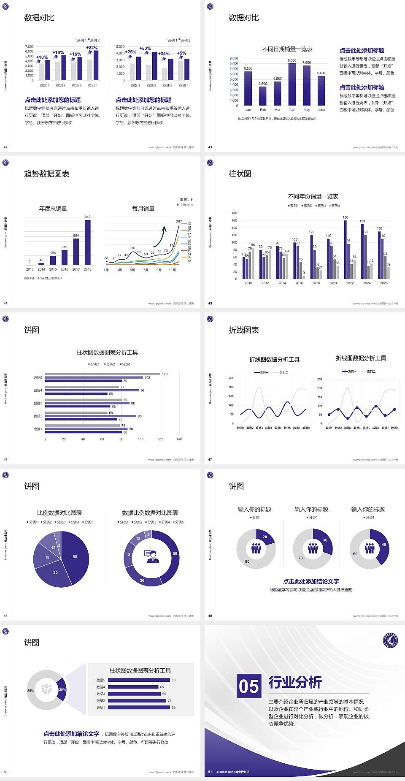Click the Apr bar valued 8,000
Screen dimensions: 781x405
tap(292, 84)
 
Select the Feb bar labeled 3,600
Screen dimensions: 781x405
tap(262, 96)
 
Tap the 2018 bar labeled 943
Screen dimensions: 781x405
tap(87, 243)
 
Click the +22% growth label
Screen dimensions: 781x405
tap(92, 48)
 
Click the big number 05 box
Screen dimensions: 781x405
tap(249, 686)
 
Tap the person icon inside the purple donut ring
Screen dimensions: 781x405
tap(152, 556)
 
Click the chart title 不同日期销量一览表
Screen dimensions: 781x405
tap(287, 49)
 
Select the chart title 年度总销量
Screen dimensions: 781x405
tap(53, 209)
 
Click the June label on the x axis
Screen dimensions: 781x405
tap(321, 110)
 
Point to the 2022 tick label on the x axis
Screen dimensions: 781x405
tap(350, 283)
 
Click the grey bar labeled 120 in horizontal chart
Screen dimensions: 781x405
tap(103, 374)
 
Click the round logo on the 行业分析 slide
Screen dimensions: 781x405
tap(391, 640)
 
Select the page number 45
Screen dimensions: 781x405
tap(210, 304)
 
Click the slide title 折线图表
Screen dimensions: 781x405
tap(244, 330)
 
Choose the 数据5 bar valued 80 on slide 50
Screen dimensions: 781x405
tap(139, 680)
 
